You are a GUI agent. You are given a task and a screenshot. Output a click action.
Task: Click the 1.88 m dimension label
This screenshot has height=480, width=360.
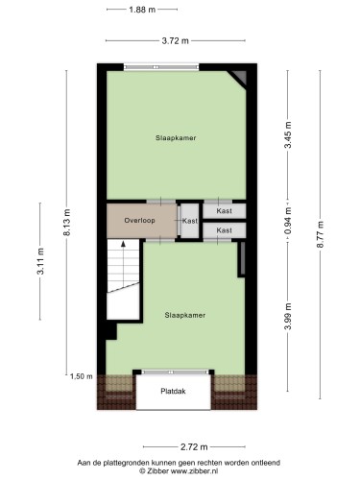[x=142, y=10]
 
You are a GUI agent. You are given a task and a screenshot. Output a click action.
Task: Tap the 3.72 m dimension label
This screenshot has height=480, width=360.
[x=175, y=41]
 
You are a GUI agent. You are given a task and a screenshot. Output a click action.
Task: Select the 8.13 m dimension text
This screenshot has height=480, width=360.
[x=67, y=223]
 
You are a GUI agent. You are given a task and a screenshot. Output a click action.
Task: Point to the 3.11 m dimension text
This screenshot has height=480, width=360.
[x=40, y=261]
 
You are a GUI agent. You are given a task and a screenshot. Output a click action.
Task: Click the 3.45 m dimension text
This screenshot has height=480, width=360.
[x=288, y=134]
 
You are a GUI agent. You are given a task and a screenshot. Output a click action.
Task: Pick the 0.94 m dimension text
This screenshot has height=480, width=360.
[x=288, y=221]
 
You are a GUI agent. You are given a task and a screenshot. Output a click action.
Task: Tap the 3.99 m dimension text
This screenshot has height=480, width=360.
[x=288, y=316]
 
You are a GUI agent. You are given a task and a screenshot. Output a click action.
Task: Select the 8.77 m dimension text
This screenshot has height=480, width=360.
[x=321, y=234]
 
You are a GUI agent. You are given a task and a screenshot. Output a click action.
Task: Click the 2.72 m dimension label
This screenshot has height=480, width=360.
[x=194, y=446]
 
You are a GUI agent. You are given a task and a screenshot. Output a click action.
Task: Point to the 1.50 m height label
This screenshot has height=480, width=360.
[x=82, y=376]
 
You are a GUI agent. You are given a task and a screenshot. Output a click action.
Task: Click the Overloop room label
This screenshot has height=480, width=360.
[x=139, y=221]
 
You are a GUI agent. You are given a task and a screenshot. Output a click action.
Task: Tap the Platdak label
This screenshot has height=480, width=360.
[x=173, y=391]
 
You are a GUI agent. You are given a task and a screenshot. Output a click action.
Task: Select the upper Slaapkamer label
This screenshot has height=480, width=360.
[x=176, y=138]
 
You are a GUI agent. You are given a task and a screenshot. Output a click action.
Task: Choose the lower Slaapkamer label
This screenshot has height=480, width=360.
[x=185, y=315]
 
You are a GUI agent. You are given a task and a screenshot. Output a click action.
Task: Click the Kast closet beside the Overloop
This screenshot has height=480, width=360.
[x=190, y=221]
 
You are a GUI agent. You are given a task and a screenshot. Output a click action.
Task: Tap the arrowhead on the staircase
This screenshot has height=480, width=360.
[x=123, y=244]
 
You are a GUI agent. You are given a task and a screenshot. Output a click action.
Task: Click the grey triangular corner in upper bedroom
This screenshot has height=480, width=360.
[x=239, y=78]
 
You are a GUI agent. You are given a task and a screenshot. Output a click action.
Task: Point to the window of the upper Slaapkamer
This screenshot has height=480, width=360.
[x=161, y=67]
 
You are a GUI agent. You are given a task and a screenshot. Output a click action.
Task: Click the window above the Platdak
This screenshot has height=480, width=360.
[x=175, y=372]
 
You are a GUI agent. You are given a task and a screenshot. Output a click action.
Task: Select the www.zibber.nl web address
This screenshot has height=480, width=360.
[x=194, y=470]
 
